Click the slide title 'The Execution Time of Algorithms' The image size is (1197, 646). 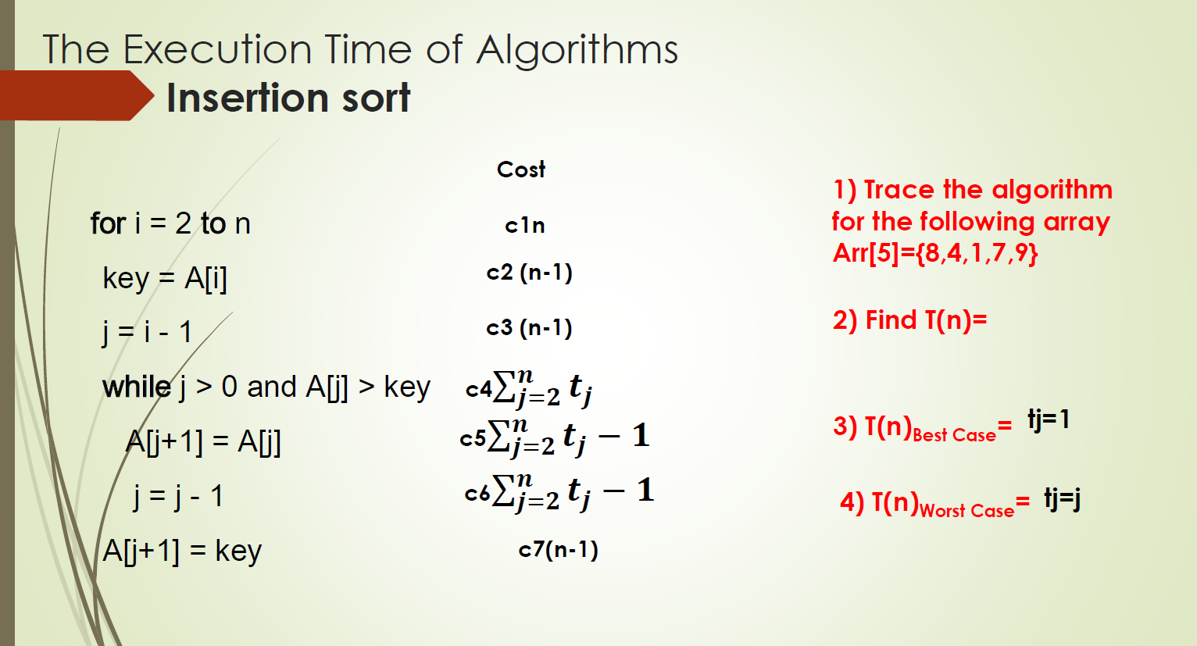click(360, 50)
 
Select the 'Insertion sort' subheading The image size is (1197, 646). click(288, 98)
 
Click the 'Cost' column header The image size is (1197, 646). click(521, 170)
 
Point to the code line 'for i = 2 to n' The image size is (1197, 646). click(170, 224)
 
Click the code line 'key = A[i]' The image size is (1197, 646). click(165, 279)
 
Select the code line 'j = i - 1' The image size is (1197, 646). click(147, 333)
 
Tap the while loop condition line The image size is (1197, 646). click(266, 387)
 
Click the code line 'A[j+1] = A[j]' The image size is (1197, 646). click(203, 442)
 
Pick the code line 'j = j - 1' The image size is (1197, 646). click(178, 497)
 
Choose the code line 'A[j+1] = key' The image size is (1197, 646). click(182, 551)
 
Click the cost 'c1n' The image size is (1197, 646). click(525, 226)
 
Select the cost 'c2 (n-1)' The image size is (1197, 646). click(529, 273)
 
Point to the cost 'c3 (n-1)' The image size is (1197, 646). click(529, 328)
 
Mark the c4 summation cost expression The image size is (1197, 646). click(529, 388)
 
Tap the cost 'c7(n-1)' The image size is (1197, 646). click(558, 550)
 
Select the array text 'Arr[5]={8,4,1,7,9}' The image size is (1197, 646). click(935, 253)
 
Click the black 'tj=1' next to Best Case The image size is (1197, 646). click(1049, 420)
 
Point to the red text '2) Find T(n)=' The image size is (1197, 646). click(909, 320)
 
